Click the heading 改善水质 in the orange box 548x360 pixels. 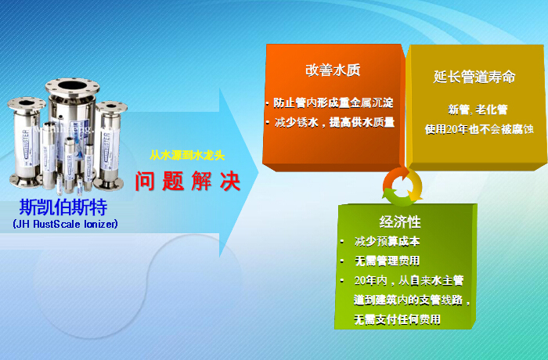[333, 70]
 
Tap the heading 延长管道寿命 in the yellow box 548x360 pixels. [474, 77]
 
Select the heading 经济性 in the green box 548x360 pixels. [400, 221]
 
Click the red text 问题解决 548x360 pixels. [188, 181]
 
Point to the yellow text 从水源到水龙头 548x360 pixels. [187, 155]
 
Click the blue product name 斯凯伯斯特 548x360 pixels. [63, 207]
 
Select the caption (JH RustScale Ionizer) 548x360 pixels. [65, 224]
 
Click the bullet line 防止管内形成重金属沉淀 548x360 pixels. [333, 103]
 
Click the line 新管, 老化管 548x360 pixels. [478, 110]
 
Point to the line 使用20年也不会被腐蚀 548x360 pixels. [479, 129]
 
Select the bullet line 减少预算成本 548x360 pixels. [387, 241]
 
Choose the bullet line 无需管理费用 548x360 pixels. [387, 261]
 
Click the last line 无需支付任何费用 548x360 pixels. [397, 319]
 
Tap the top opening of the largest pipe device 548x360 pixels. [73, 85]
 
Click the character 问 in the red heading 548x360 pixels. [145, 181]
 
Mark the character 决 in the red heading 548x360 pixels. [230, 181]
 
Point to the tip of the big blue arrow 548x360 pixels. [258, 172]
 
